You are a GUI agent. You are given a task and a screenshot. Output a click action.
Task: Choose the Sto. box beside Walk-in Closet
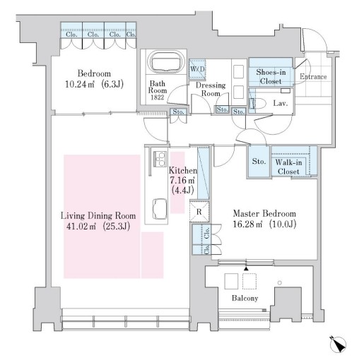point(258,161)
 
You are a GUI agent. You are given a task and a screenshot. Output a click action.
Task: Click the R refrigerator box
point(200,211)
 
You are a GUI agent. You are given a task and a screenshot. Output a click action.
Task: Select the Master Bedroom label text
point(265,214)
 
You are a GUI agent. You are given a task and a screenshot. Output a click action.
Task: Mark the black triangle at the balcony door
point(246,268)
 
